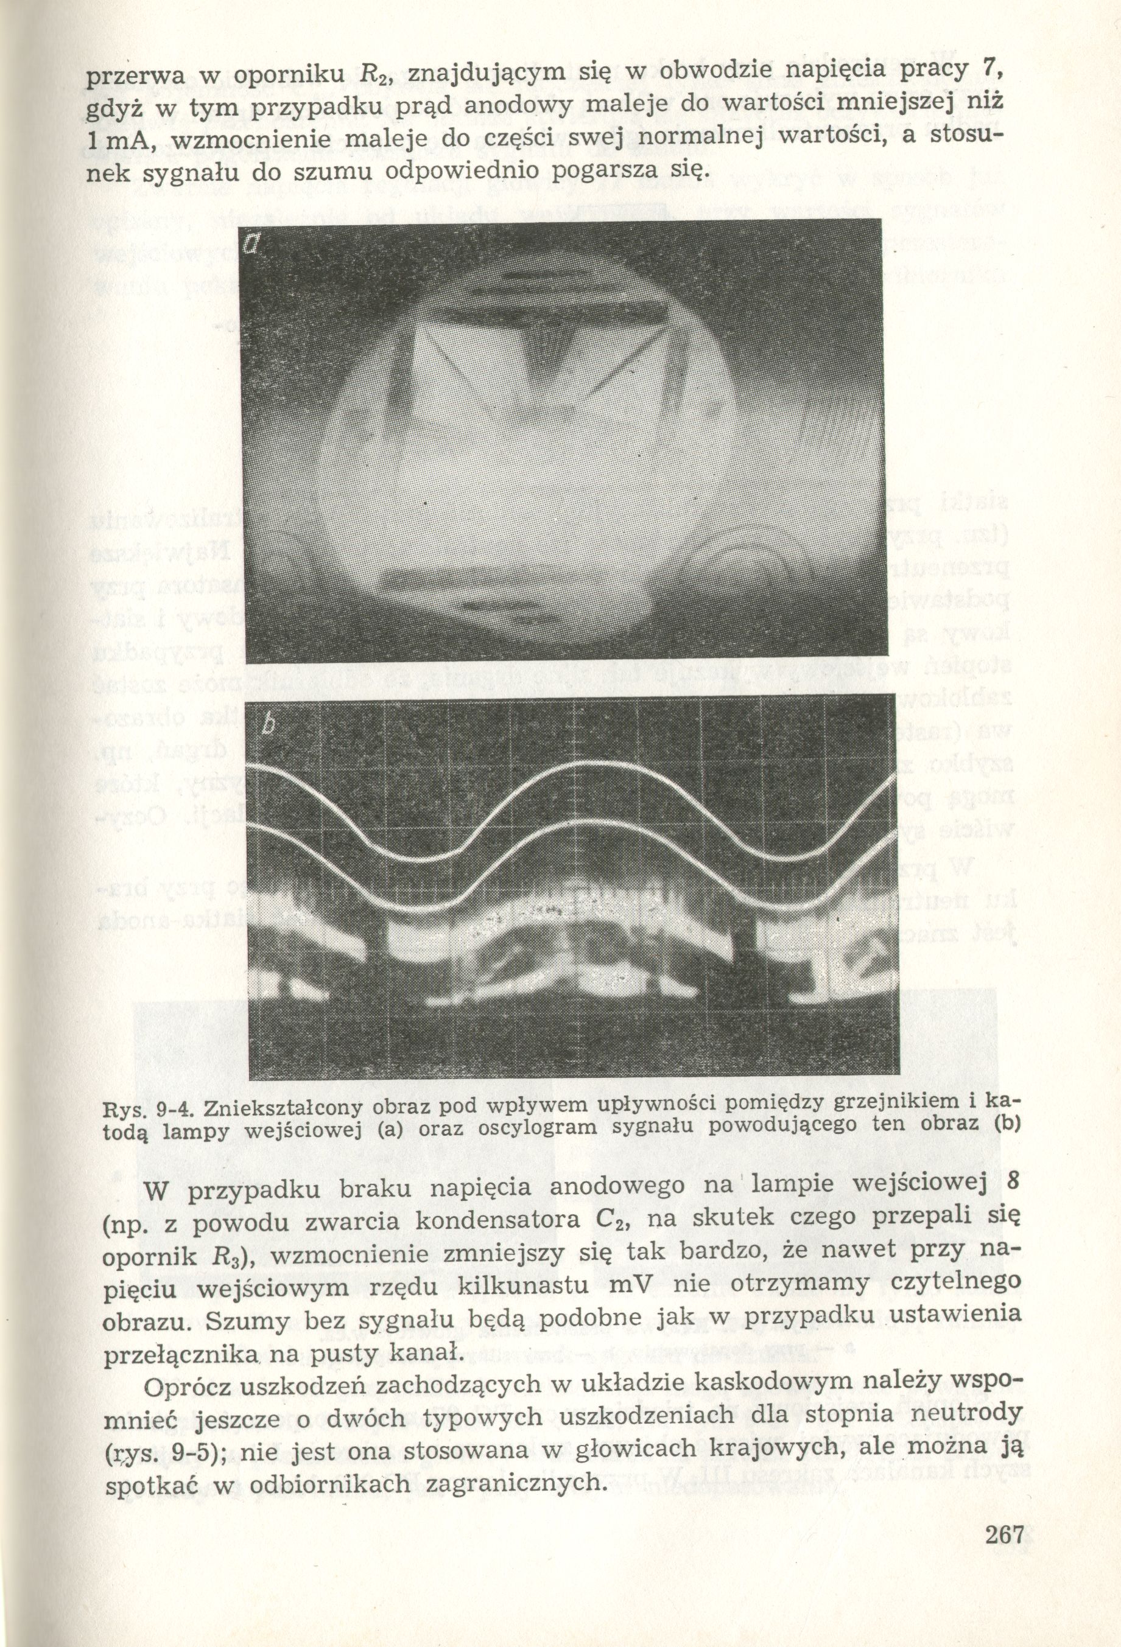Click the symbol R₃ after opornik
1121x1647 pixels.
232,1256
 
